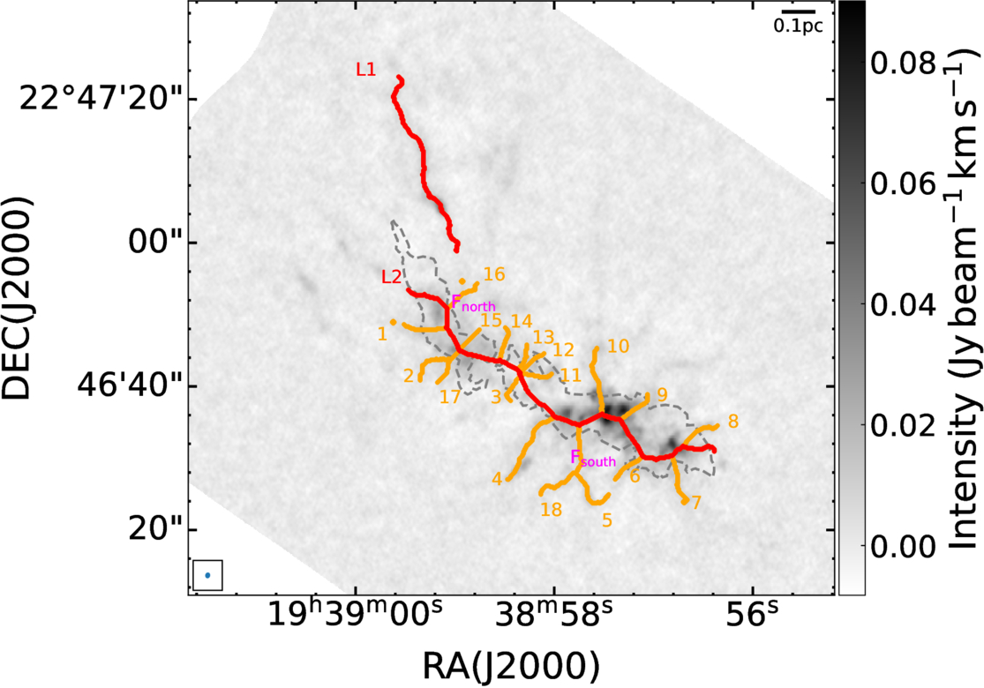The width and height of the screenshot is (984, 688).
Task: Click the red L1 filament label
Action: pyautogui.click(x=366, y=69)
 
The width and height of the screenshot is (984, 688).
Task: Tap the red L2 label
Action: pyautogui.click(x=392, y=277)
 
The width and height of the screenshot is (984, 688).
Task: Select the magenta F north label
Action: pyautogui.click(x=473, y=303)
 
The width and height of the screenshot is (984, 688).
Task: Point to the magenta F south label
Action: pyautogui.click(x=593, y=458)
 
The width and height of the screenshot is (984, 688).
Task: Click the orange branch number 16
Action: pyautogui.click(x=494, y=274)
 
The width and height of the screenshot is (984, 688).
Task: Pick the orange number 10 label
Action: pyautogui.click(x=618, y=346)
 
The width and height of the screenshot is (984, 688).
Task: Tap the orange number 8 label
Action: pyautogui.click(x=733, y=422)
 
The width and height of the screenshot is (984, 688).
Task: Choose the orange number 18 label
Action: pyautogui.click(x=551, y=509)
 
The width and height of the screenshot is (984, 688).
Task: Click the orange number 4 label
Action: pyautogui.click(x=497, y=480)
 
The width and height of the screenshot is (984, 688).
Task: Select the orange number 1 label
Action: pyautogui.click(x=382, y=334)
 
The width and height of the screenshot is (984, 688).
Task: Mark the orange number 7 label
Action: pyautogui.click(x=695, y=503)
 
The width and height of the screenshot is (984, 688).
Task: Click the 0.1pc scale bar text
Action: pyautogui.click(x=798, y=26)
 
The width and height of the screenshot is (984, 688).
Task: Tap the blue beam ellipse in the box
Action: pyautogui.click(x=207, y=575)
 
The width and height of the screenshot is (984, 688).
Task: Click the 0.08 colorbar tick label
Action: pyautogui.click(x=903, y=64)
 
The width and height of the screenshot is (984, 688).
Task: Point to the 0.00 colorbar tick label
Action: pyautogui.click(x=903, y=546)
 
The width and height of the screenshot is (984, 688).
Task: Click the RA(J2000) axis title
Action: pyautogui.click(x=511, y=667)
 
